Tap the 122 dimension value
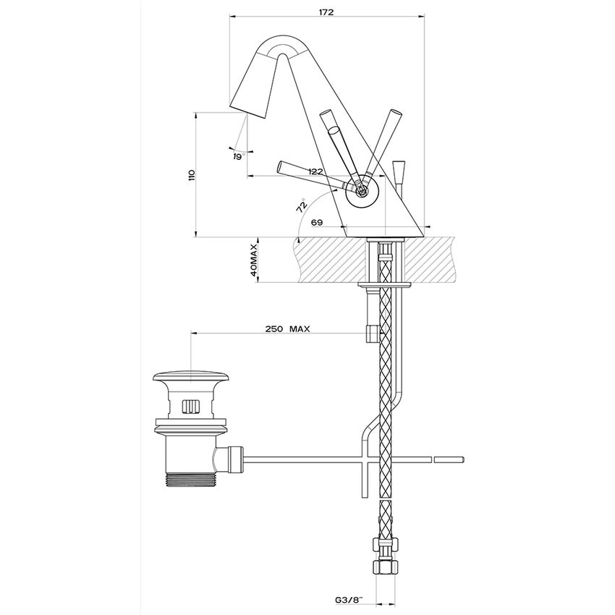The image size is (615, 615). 315,171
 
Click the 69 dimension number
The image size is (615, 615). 317,223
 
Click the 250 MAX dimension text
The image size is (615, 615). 288,328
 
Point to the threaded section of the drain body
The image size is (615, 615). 190,480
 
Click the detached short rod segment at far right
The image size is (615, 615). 449,459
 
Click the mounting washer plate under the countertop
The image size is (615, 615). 386,286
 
